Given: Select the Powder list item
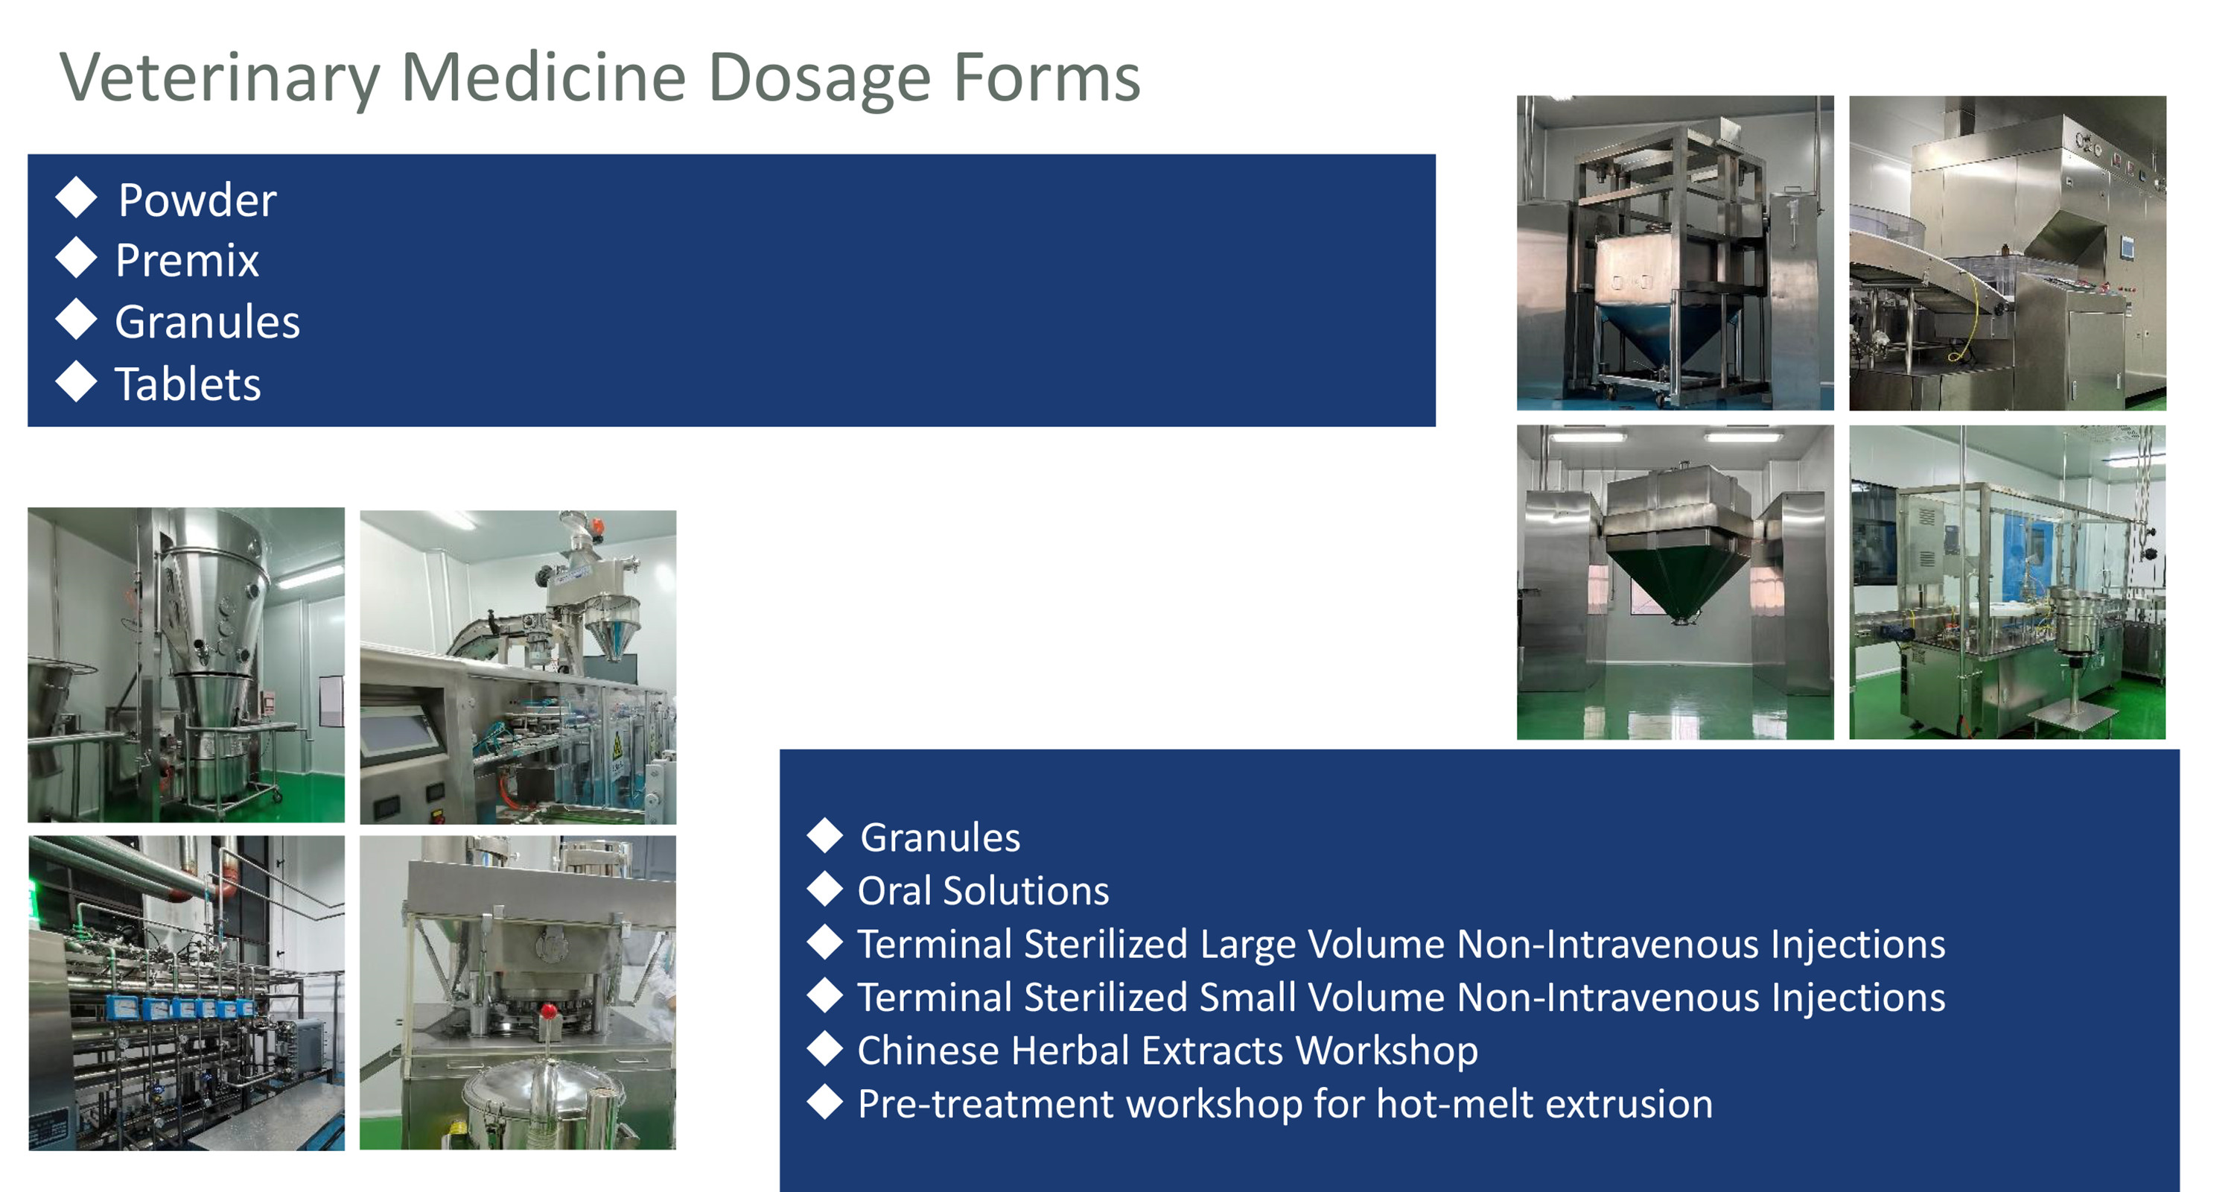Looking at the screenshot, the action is [x=198, y=200].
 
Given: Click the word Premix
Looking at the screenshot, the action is [x=188, y=260].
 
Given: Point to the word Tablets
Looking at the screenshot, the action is [x=188, y=384].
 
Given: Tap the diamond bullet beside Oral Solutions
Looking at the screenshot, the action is [x=825, y=890].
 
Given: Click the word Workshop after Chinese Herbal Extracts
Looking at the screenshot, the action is [x=1387, y=1050].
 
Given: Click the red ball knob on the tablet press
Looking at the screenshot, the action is [x=548, y=1011].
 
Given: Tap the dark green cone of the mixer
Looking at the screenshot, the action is [x=1680, y=576].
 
